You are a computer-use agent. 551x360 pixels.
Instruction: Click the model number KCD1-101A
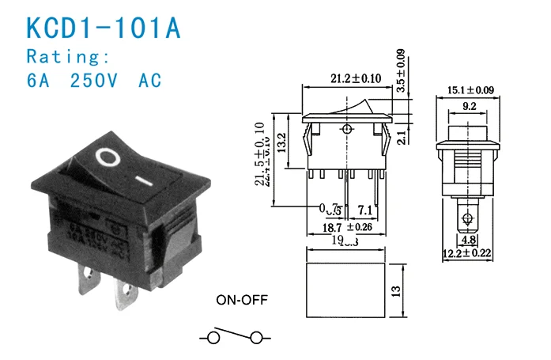click(x=104, y=28)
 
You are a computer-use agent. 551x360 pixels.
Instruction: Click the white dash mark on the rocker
click(x=143, y=181)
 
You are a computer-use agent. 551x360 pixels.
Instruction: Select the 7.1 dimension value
click(x=366, y=211)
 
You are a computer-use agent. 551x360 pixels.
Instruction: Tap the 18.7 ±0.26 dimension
click(x=345, y=228)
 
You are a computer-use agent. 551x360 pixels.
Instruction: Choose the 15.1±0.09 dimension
click(x=471, y=90)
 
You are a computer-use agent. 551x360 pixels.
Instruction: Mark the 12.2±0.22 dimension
click(x=470, y=254)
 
